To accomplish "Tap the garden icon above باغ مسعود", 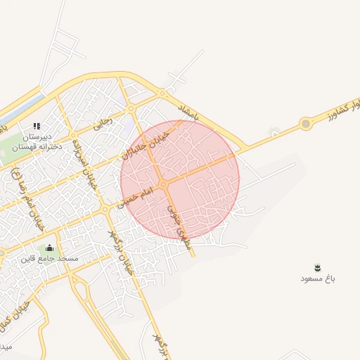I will click(x=317, y=267).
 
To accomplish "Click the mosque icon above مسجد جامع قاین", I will click(x=49, y=247).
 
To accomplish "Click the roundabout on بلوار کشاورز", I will click(x=305, y=124).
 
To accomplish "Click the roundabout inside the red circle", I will click(x=163, y=185).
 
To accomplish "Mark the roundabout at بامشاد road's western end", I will click(x=162, y=92).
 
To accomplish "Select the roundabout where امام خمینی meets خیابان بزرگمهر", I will click(x=104, y=208).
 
